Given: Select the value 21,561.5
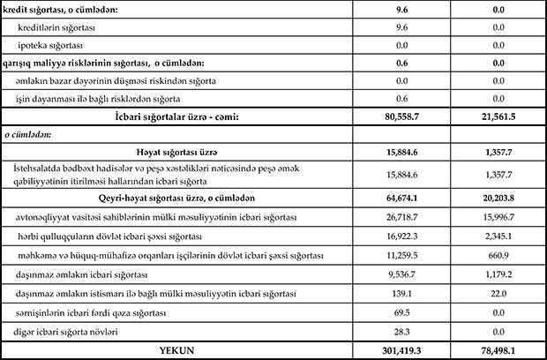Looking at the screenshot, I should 498,116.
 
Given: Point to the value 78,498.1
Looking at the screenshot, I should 498,350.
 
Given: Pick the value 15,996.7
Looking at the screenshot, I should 498,217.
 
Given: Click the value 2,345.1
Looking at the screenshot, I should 498,236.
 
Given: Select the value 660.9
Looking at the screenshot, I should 498,255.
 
